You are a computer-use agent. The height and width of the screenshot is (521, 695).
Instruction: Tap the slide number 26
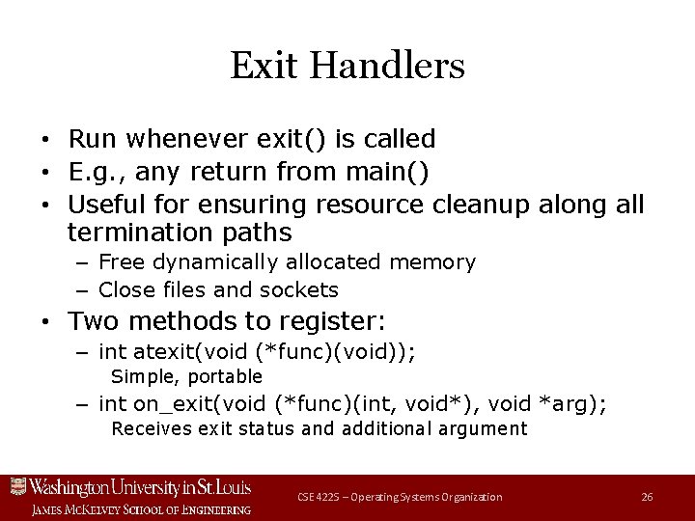coord(647,497)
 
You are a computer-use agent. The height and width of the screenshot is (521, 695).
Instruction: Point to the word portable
coord(226,376)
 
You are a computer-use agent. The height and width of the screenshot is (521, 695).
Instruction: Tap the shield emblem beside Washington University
coord(16,486)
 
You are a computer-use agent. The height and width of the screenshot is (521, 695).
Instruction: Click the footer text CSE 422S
coord(320,497)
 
